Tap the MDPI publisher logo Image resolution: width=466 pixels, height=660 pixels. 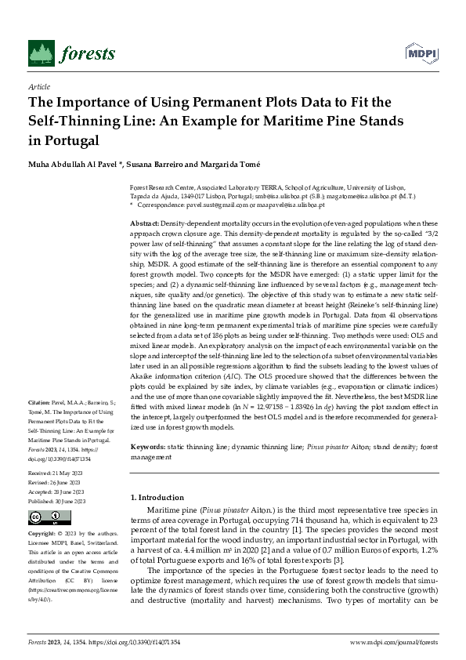420,53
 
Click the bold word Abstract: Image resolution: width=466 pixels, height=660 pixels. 144,224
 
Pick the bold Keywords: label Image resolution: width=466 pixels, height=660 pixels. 147,446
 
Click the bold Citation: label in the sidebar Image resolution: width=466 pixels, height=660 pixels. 40,401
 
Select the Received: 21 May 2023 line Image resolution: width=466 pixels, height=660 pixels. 56,474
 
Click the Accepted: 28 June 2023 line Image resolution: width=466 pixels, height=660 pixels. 56,491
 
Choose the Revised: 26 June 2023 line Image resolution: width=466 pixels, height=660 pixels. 56,483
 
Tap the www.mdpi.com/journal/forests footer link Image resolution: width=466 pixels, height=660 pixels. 392,641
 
